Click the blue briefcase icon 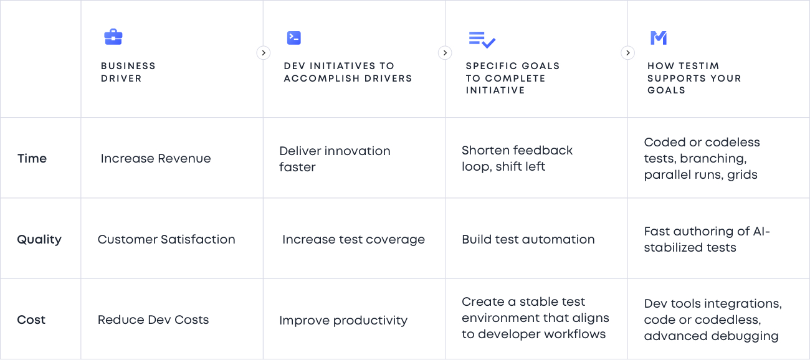click(x=113, y=37)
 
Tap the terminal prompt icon click(x=294, y=38)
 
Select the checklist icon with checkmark click(x=482, y=40)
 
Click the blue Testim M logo click(x=659, y=38)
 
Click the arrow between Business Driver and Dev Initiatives click(x=264, y=53)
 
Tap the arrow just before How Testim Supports click(x=628, y=53)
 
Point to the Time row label click(x=32, y=158)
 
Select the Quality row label click(x=39, y=239)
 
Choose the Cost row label click(x=31, y=320)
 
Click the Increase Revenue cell click(x=156, y=158)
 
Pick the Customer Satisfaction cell click(x=166, y=239)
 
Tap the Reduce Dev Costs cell click(x=153, y=320)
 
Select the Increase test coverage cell click(x=354, y=239)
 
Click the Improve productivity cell click(x=343, y=320)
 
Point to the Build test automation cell click(x=528, y=239)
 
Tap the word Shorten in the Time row click(x=485, y=150)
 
